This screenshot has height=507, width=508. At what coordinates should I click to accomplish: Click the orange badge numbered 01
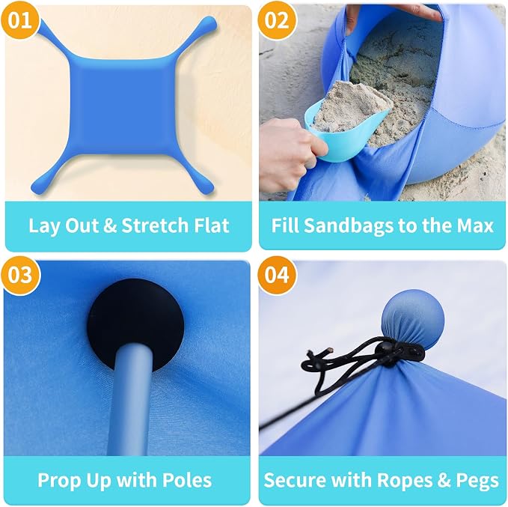20,20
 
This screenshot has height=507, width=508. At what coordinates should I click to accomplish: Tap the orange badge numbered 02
277,20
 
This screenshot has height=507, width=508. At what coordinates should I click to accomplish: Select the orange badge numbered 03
20,275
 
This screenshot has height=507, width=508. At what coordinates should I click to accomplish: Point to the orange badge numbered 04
277,275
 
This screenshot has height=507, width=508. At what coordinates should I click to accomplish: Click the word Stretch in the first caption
156,225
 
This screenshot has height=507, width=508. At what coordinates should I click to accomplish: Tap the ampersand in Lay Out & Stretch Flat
110,225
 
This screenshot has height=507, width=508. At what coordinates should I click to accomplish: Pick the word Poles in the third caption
186,480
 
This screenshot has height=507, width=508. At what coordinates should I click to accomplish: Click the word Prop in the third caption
59,481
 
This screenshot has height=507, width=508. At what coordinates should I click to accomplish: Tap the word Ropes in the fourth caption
406,481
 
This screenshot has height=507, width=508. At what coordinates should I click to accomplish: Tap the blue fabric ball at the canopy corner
413,319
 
